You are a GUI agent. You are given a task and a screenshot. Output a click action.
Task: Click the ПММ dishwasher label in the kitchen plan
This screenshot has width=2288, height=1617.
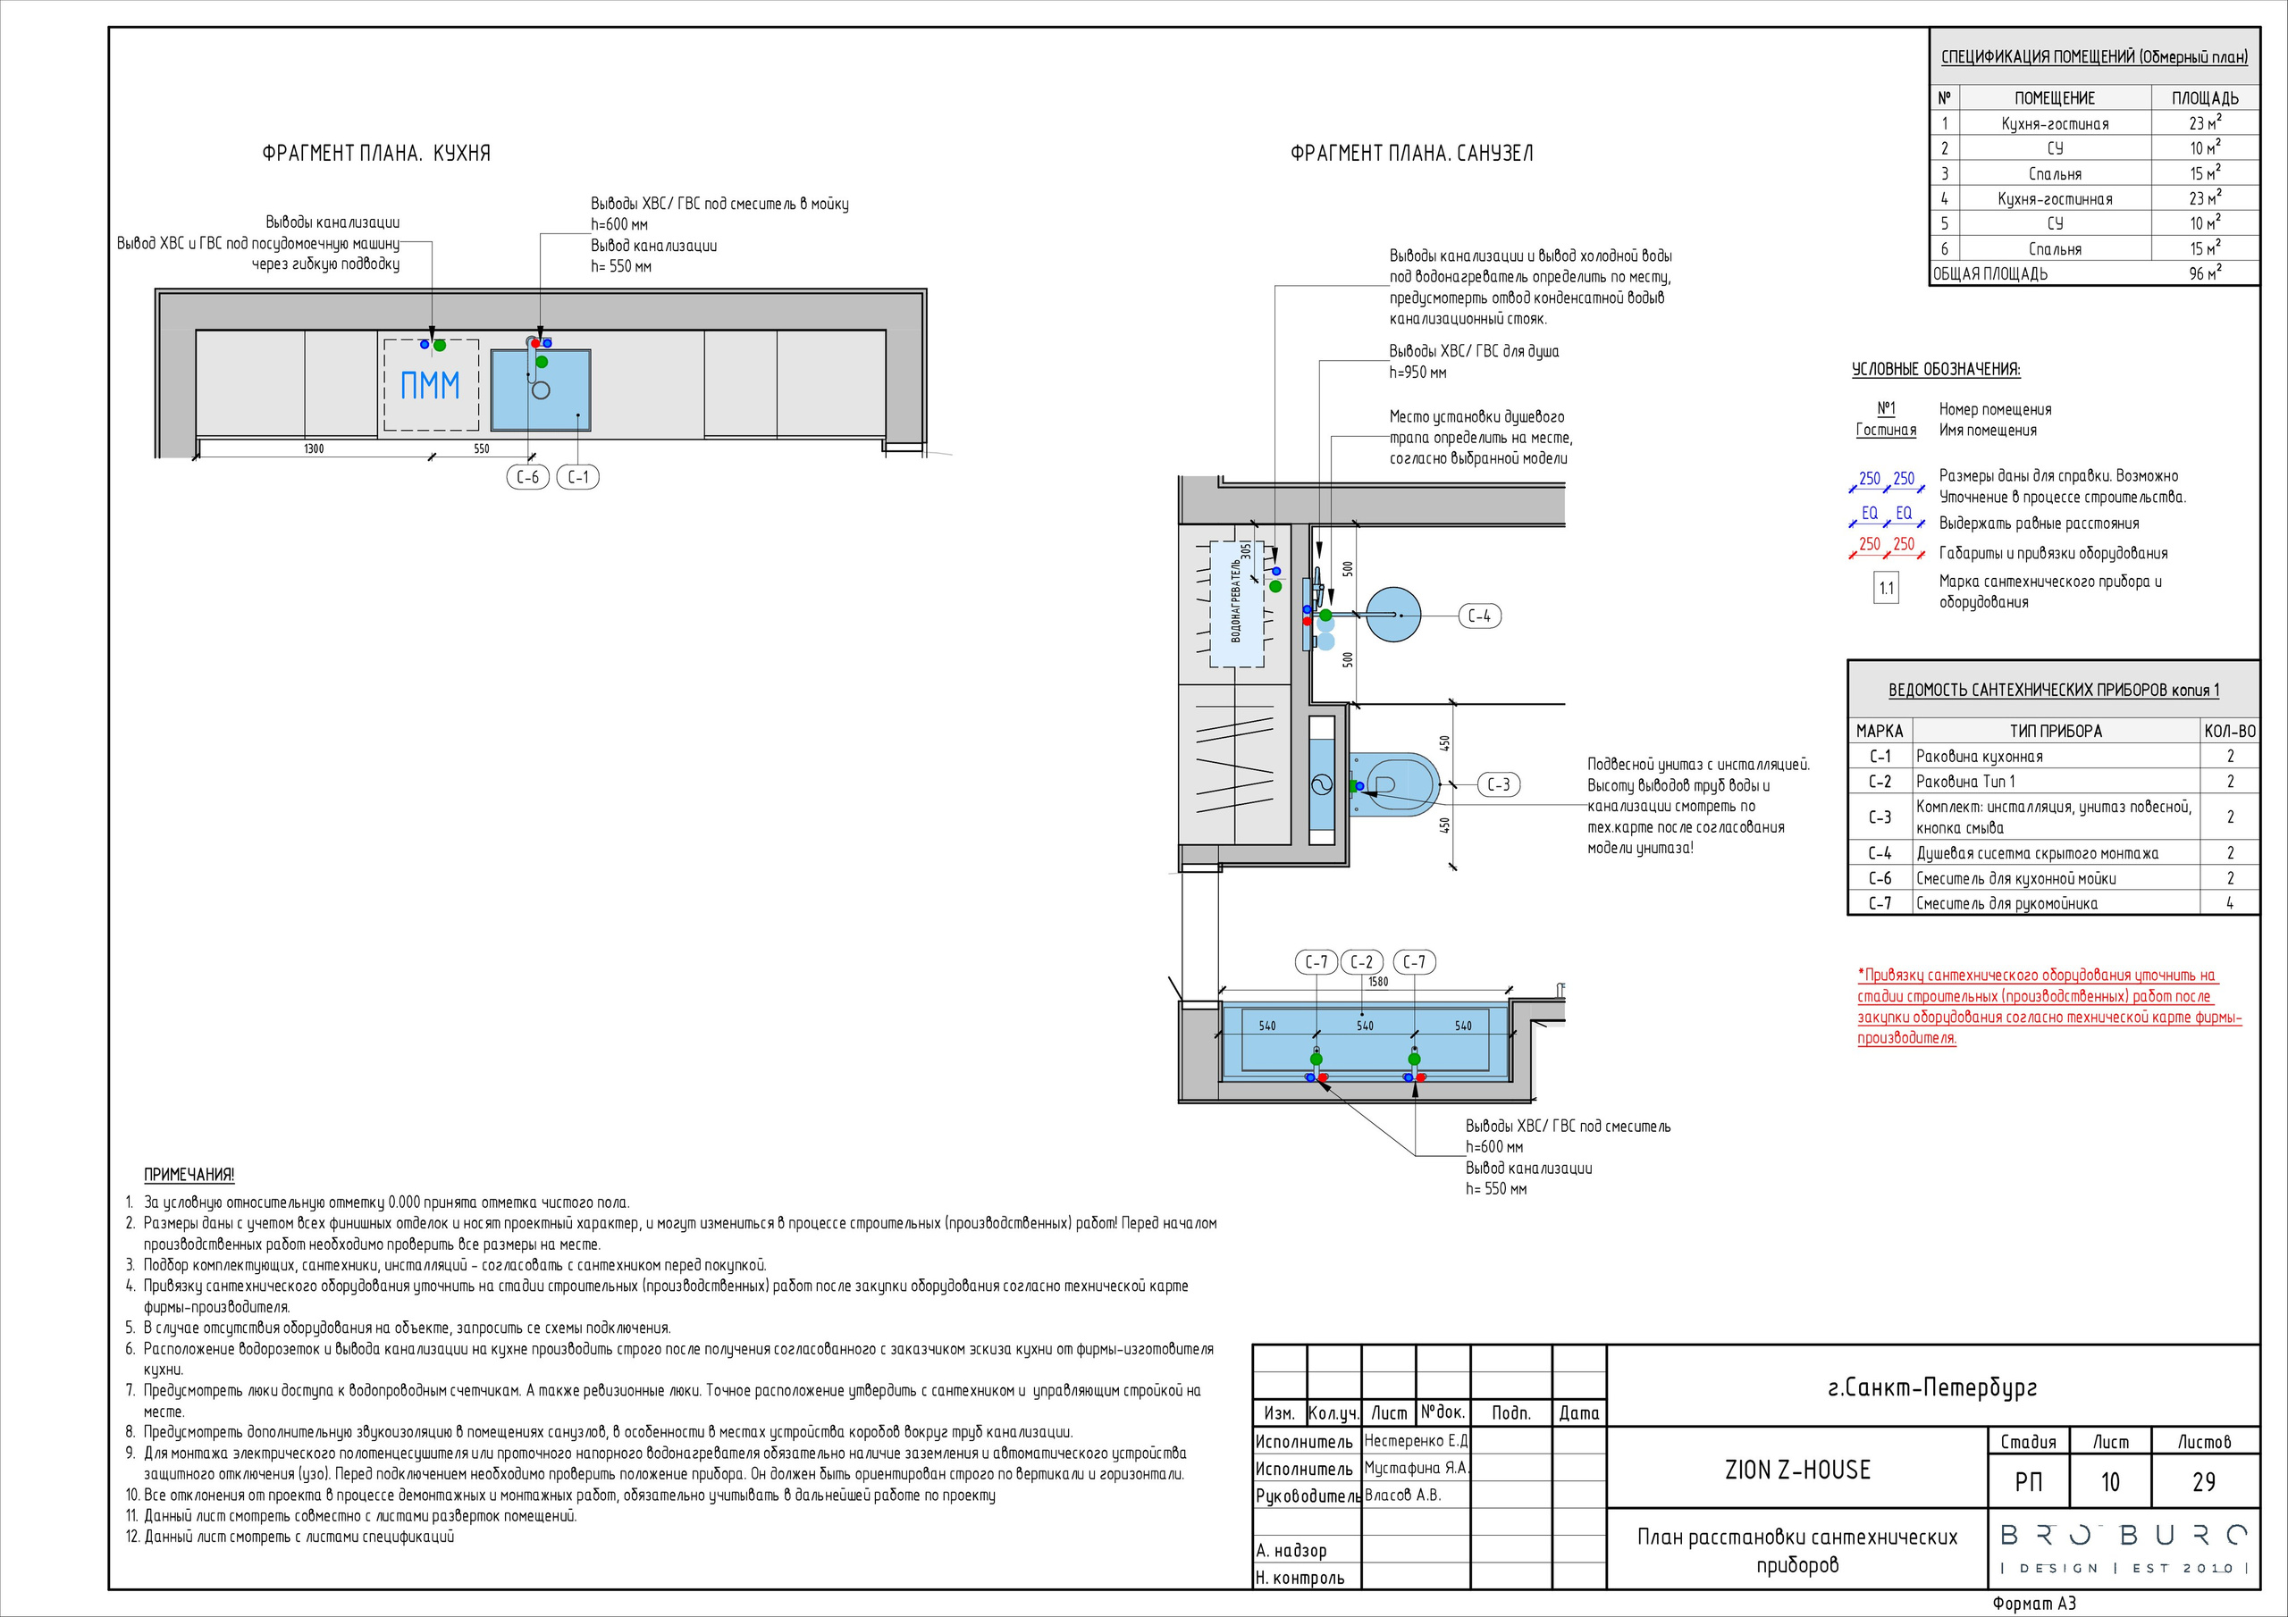pos(430,384)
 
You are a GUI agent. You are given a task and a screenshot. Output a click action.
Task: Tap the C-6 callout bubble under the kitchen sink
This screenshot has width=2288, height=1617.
pos(527,477)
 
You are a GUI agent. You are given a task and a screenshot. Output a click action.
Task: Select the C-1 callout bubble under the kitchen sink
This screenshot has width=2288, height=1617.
pos(578,477)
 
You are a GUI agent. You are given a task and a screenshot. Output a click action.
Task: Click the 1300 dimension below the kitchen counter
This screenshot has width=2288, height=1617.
pos(314,448)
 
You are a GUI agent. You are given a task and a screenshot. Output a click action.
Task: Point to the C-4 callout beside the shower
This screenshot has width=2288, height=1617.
pos(1480,616)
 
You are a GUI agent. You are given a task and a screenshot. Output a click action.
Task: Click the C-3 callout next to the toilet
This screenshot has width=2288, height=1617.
pos(1498,785)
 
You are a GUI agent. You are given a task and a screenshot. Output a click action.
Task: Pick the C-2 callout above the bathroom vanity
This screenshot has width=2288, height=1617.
pos(1362,961)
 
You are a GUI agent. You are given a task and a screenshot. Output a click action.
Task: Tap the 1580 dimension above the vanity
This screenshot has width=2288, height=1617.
pos(1378,981)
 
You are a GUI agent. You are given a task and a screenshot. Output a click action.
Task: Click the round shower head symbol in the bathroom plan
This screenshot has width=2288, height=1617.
pos(1393,615)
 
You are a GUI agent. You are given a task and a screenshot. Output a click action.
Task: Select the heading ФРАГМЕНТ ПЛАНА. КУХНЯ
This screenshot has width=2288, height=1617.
pos(375,154)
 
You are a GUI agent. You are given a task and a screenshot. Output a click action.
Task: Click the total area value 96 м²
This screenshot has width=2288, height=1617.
pos(2204,273)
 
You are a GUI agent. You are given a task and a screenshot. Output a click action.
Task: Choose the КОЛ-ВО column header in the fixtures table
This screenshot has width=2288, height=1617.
pos(2230,730)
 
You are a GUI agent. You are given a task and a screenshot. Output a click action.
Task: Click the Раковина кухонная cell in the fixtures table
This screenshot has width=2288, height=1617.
pos(1979,756)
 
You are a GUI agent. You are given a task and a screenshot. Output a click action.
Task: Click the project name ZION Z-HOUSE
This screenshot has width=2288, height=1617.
pos(1797,1470)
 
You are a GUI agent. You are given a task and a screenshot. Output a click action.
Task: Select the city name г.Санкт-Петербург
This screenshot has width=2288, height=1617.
pos(1932,1387)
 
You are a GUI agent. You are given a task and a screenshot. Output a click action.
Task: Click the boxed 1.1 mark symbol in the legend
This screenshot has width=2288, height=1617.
pos(1887,589)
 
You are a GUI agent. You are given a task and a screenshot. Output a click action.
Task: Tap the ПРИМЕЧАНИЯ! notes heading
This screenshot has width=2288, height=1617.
pos(189,1175)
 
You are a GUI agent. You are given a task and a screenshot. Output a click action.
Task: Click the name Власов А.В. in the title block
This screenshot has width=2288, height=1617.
pos(1402,1496)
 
